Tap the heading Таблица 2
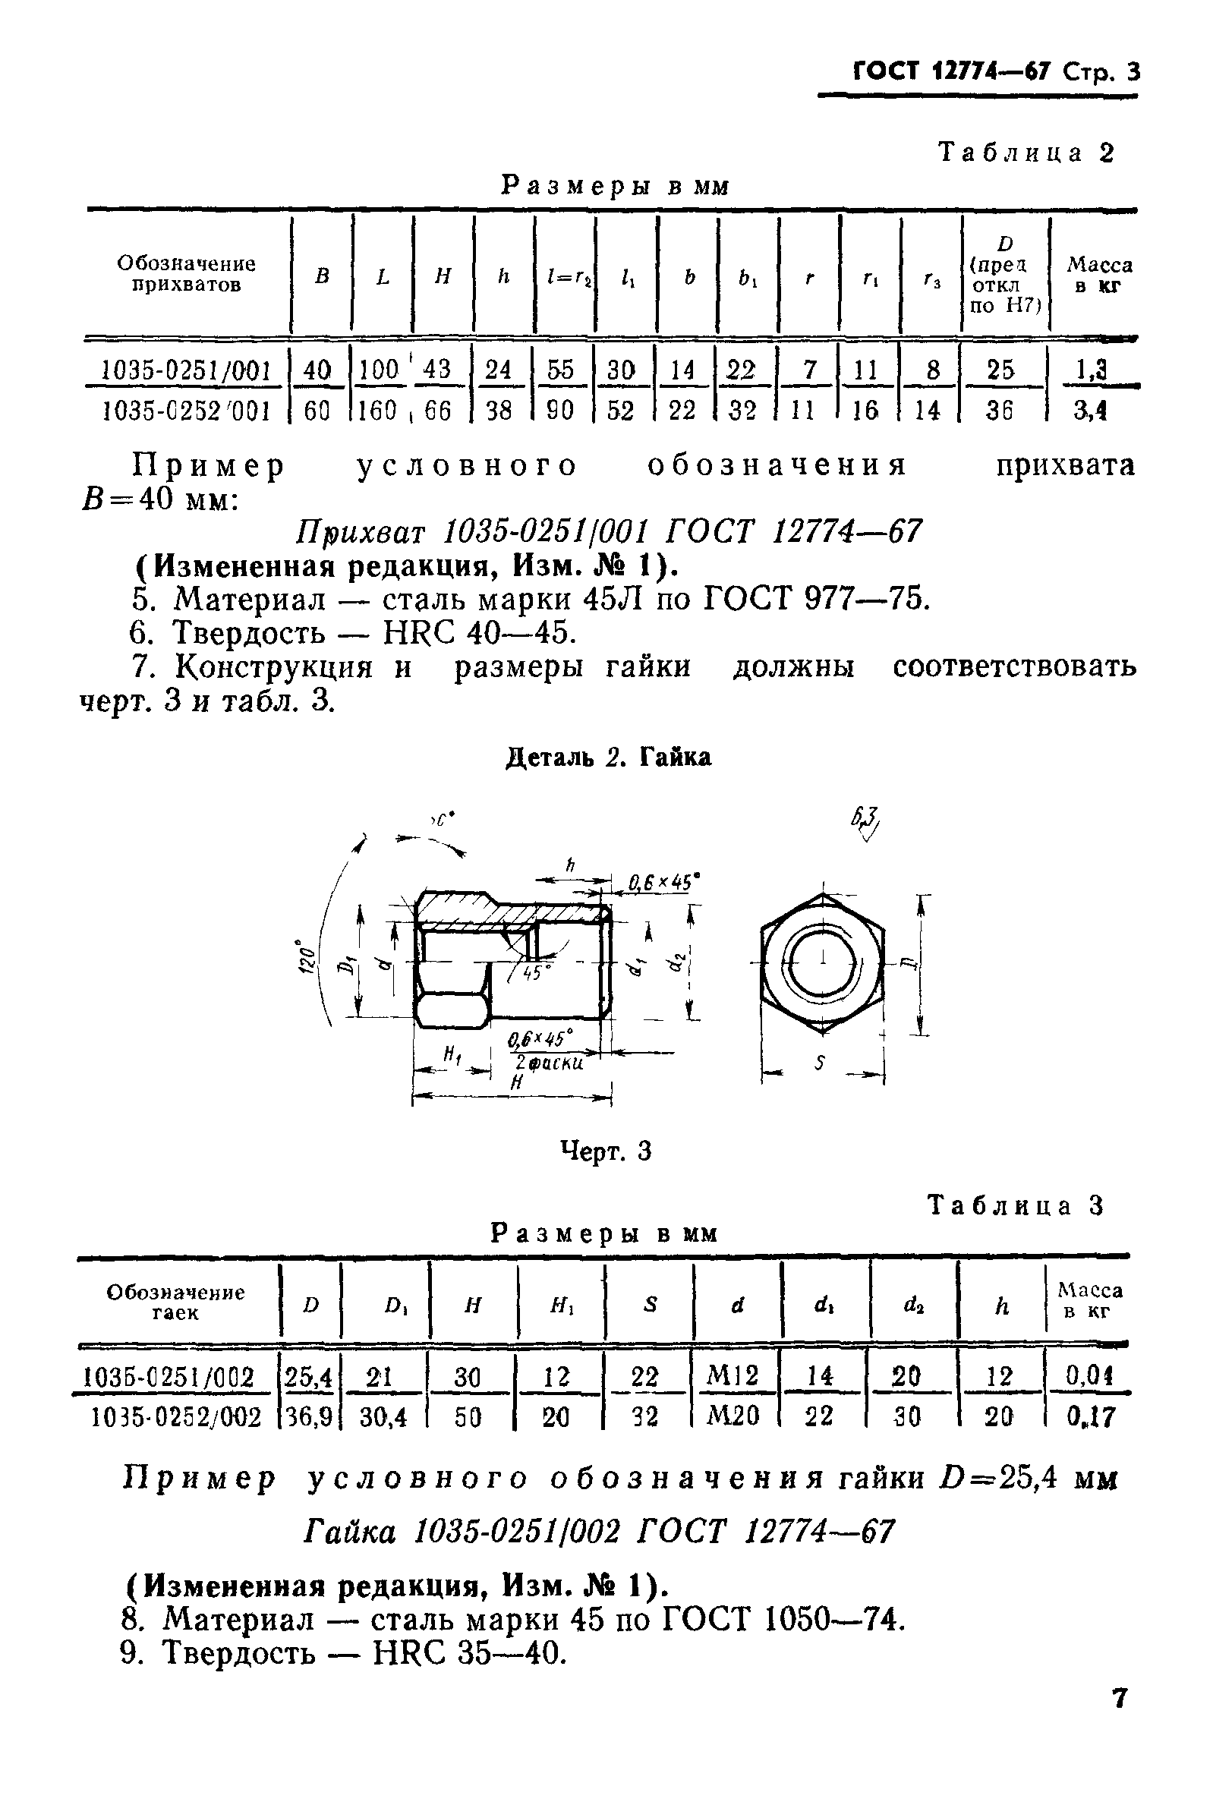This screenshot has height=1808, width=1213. coord(1026,153)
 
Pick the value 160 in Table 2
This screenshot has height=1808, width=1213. coord(378,410)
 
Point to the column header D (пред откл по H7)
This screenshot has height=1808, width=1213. coord(1005,275)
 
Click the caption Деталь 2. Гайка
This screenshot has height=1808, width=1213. coord(608,757)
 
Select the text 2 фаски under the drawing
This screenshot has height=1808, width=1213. coord(549,1064)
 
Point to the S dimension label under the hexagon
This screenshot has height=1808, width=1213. coord(820,1064)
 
